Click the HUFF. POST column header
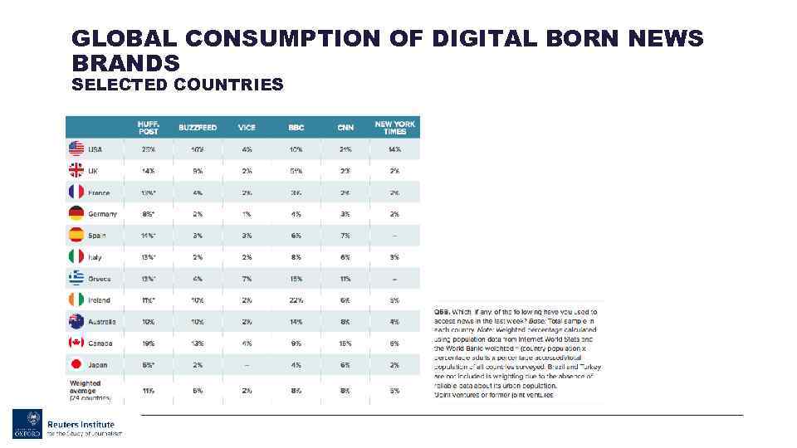(149, 127)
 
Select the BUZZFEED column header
(198, 128)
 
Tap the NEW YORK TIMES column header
(394, 127)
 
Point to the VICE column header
(247, 128)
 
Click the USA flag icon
(76, 149)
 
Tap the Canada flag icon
(76, 343)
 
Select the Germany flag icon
(76, 213)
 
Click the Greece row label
(99, 279)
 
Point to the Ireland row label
(99, 300)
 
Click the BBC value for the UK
(296, 171)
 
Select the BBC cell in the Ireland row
(296, 300)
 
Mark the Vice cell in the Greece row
(247, 279)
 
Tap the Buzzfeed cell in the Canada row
(198, 343)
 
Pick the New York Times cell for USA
(394, 149)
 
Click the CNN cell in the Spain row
(345, 236)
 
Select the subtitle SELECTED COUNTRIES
(178, 85)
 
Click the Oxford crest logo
(27, 424)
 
